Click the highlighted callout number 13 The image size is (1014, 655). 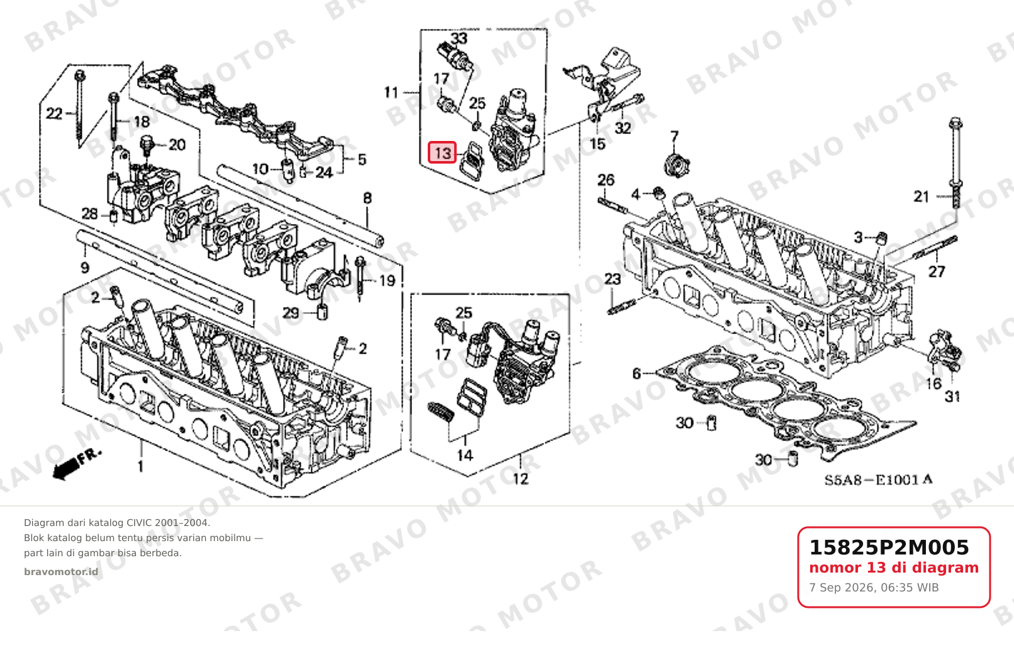tap(442, 152)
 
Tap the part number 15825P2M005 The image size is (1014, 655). tap(889, 547)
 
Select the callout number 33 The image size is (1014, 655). tap(459, 38)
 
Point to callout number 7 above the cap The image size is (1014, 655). tap(674, 137)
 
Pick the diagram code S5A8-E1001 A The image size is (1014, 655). tap(878, 480)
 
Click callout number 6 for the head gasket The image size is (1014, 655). tap(637, 374)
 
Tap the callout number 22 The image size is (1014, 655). tap(54, 113)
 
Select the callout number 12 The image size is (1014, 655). tap(520, 479)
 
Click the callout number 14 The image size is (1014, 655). tap(465, 455)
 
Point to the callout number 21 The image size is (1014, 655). tap(922, 197)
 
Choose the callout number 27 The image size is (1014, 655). tap(937, 272)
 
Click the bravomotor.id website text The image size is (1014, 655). tap(61, 572)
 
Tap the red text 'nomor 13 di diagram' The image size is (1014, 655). tap(894, 568)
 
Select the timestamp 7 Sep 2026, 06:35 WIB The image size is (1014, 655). tap(874, 588)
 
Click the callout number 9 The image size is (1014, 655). tap(85, 268)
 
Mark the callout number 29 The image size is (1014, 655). tap(291, 313)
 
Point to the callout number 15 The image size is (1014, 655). tap(598, 144)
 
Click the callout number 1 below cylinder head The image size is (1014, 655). tap(141, 466)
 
